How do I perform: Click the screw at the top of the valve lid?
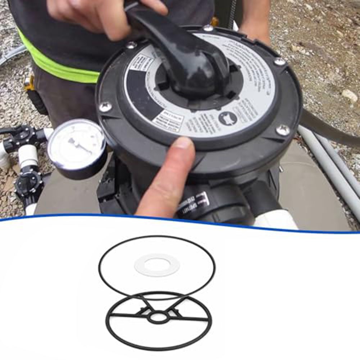click(208, 28)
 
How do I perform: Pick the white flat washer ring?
click(157, 265)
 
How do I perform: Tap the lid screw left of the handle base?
click(131, 45)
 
